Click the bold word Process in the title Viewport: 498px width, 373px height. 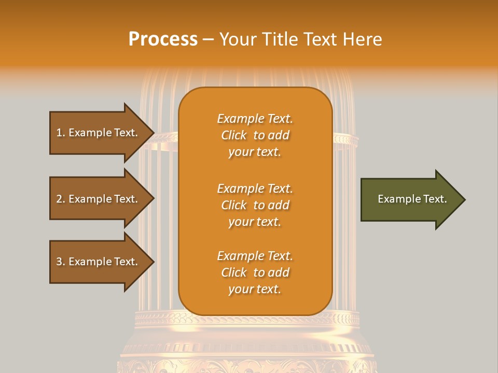pyautogui.click(x=163, y=39)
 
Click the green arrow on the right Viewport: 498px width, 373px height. pyautogui.click(x=410, y=199)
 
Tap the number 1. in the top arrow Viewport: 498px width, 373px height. pyautogui.click(x=61, y=133)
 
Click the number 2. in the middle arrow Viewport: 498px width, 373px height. pyautogui.click(x=61, y=199)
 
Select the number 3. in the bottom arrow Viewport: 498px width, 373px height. pyautogui.click(x=61, y=262)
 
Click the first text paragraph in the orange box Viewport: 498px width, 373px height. pyautogui.click(x=255, y=135)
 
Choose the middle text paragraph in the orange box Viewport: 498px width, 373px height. pyautogui.click(x=255, y=205)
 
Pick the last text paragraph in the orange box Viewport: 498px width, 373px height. pyautogui.click(x=255, y=272)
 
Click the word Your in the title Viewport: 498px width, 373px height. pyautogui.click(x=238, y=39)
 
